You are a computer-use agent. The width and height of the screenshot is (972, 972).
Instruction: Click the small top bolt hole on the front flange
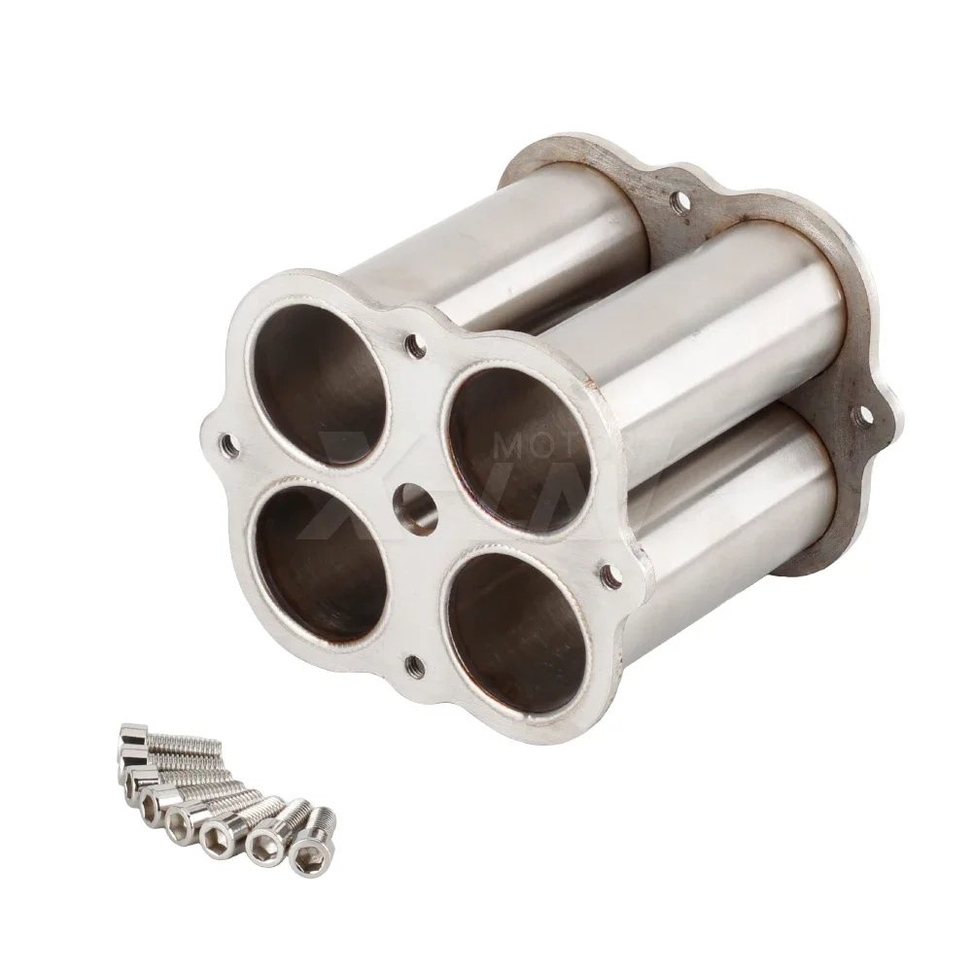(416, 343)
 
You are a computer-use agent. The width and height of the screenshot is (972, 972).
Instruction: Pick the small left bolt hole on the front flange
(229, 446)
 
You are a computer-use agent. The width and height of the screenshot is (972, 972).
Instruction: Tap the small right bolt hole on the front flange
(609, 576)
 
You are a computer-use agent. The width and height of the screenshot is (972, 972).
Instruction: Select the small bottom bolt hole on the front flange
(414, 666)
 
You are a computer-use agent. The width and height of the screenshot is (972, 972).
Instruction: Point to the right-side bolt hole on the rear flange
(861, 418)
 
